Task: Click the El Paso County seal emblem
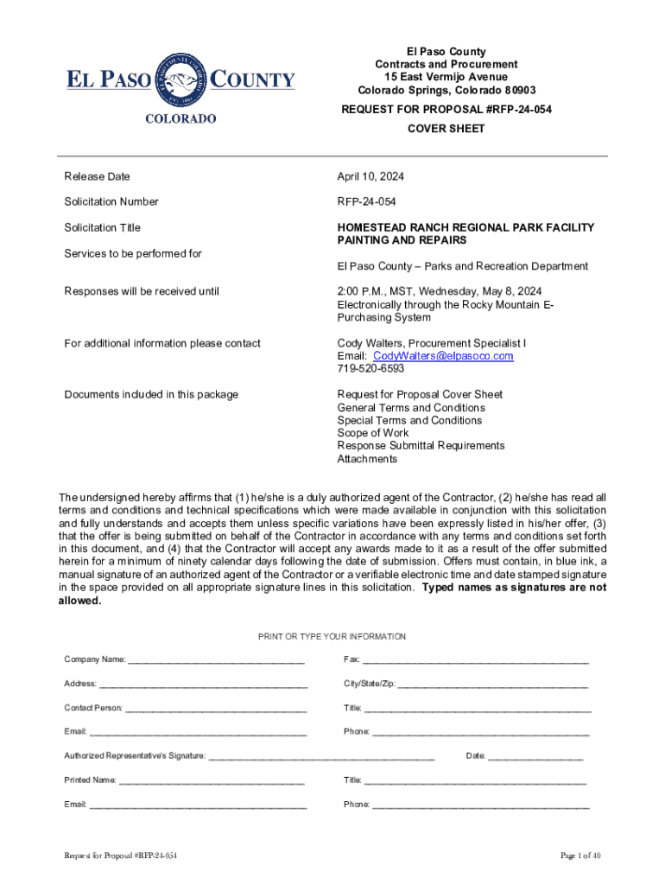[x=180, y=81]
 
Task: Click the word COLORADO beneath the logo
[x=180, y=118]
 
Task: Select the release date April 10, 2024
[x=370, y=176]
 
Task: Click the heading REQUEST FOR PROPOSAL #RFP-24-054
[x=446, y=110]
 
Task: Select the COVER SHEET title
[x=446, y=129]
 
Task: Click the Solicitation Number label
[x=111, y=201]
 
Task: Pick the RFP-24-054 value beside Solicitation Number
[x=367, y=201]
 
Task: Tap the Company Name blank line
[x=216, y=661]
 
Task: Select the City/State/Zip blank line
[x=492, y=685]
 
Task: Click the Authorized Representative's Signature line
[x=321, y=757]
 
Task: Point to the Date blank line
[x=535, y=757]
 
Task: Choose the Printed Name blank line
[x=212, y=781]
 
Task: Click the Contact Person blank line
[x=216, y=710]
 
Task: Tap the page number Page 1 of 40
[x=580, y=856]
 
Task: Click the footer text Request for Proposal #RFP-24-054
[x=121, y=856]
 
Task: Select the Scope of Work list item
[x=373, y=433]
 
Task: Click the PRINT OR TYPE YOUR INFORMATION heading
[x=332, y=637]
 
